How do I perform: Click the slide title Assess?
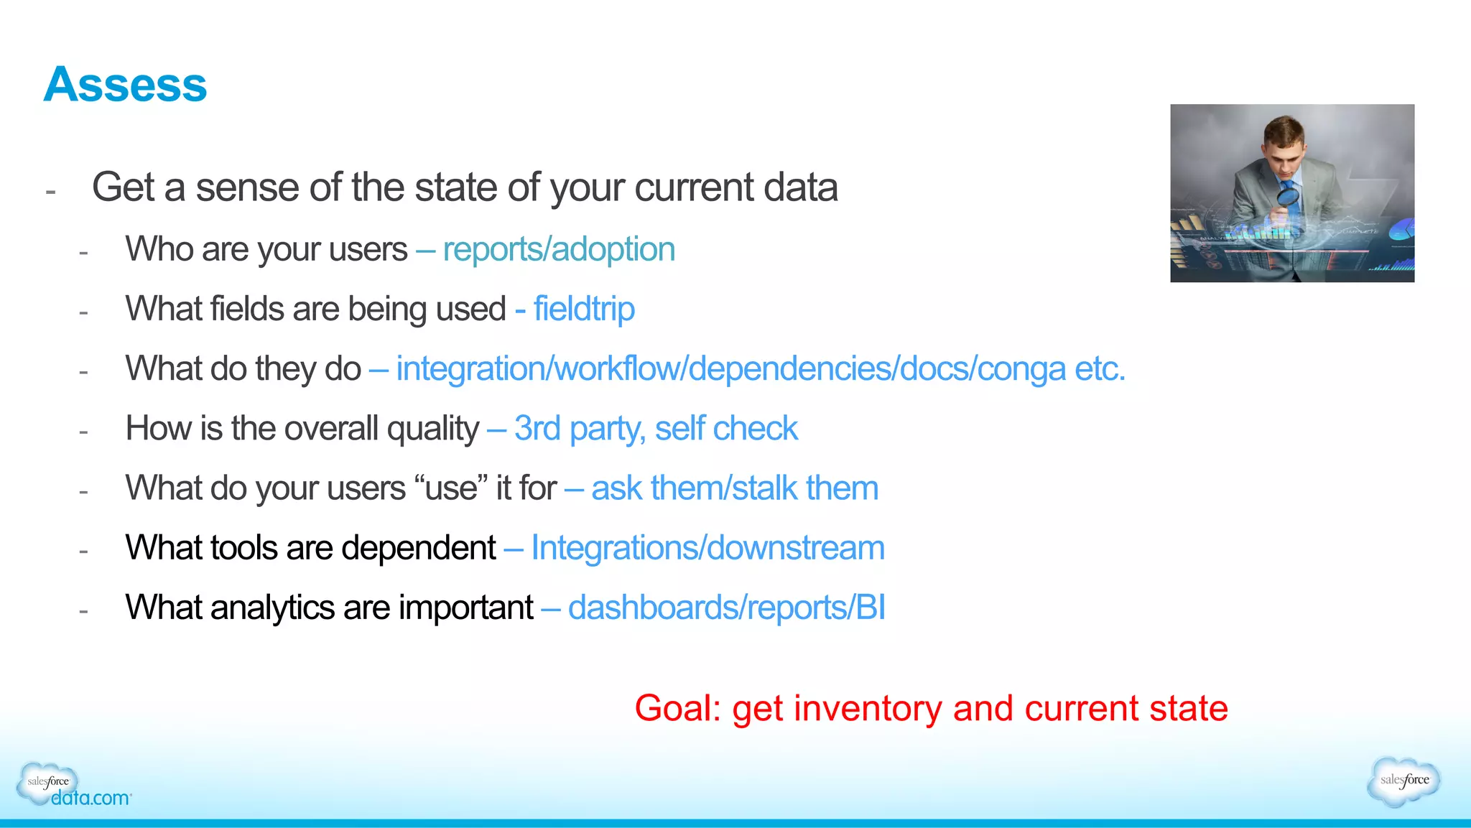pos(125,85)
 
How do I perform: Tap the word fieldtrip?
pos(584,310)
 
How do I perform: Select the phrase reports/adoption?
pos(559,250)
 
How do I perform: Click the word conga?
pos(1021,369)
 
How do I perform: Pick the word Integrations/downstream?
pos(707,548)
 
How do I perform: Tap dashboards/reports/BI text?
pos(726,608)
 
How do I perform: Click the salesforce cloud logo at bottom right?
pos(1404,781)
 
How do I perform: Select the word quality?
pos(433,429)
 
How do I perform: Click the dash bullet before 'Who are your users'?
pos(83,253)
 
